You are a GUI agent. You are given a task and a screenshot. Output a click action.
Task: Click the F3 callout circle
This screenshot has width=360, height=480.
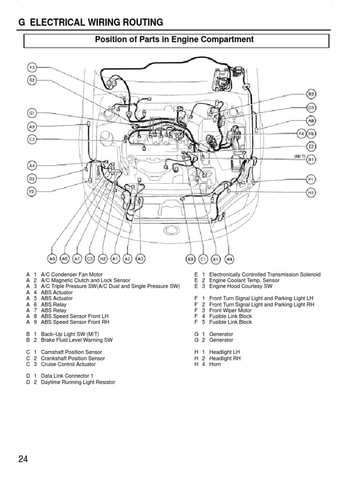pyautogui.click(x=32, y=67)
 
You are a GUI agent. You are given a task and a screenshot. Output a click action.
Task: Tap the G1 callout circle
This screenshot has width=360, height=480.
pyautogui.click(x=32, y=113)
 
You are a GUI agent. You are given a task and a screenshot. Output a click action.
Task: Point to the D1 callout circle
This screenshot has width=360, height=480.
pyautogui.click(x=311, y=107)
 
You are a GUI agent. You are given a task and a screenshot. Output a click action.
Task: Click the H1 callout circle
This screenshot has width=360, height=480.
pyautogui.click(x=311, y=192)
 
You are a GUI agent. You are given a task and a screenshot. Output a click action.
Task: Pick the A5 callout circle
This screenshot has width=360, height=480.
pyautogui.click(x=52, y=258)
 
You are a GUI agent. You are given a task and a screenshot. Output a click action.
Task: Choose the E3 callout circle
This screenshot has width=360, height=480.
pyautogui.click(x=190, y=258)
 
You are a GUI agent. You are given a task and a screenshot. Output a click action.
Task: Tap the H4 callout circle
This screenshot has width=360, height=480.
pyautogui.click(x=229, y=258)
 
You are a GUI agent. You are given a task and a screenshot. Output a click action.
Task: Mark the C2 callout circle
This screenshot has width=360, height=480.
pyautogui.click(x=32, y=139)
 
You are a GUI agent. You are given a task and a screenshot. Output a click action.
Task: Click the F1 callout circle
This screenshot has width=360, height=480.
pyautogui.click(x=311, y=179)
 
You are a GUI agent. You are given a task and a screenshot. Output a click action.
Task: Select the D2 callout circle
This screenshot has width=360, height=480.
pyautogui.click(x=32, y=179)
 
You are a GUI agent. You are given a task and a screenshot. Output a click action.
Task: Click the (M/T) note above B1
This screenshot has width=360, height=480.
pyautogui.click(x=300, y=155)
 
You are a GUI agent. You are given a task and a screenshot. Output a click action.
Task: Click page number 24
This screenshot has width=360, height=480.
pyautogui.click(x=23, y=459)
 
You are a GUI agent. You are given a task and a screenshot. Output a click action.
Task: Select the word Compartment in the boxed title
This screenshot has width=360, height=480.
pyautogui.click(x=229, y=40)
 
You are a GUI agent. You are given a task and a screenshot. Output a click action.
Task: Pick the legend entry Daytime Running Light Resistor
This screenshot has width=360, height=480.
pyautogui.click(x=77, y=382)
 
